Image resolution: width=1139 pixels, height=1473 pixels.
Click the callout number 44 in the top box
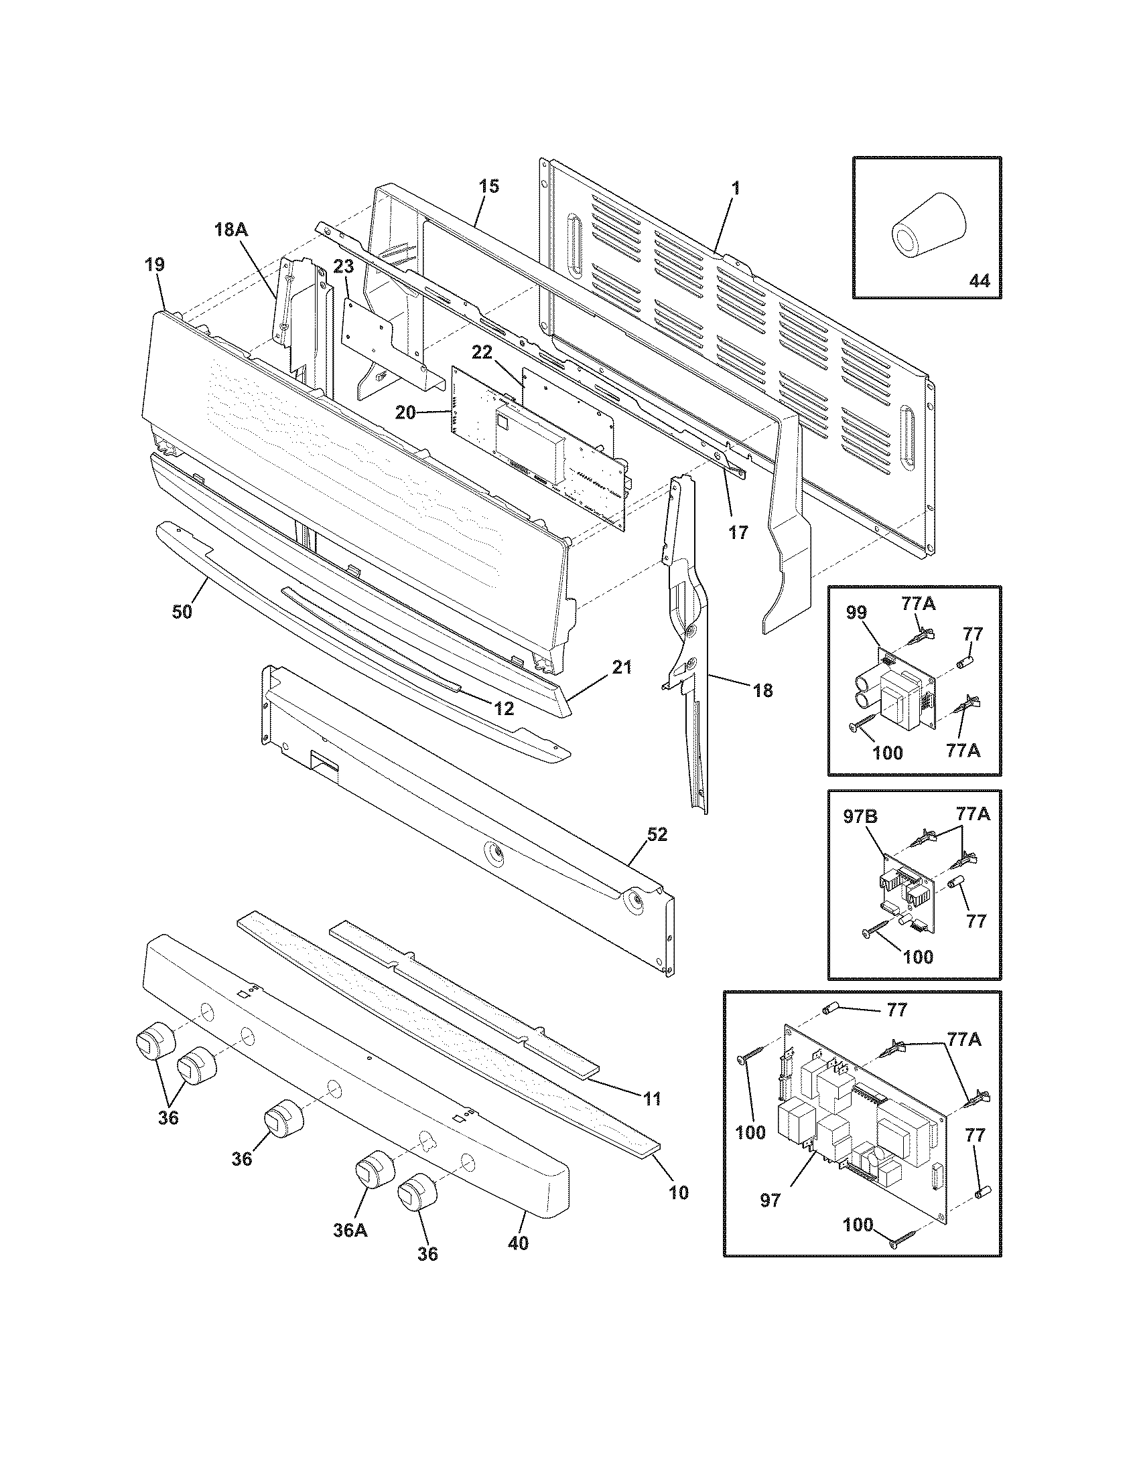(979, 281)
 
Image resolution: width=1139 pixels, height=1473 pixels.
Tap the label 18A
(230, 230)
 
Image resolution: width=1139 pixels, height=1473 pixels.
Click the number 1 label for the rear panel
(736, 188)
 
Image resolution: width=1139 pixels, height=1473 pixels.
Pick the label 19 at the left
(154, 264)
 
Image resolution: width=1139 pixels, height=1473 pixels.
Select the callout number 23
(344, 267)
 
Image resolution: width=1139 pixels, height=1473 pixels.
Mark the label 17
(738, 532)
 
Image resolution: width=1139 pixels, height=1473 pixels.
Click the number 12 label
(504, 708)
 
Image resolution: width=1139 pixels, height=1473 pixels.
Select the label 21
(622, 668)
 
